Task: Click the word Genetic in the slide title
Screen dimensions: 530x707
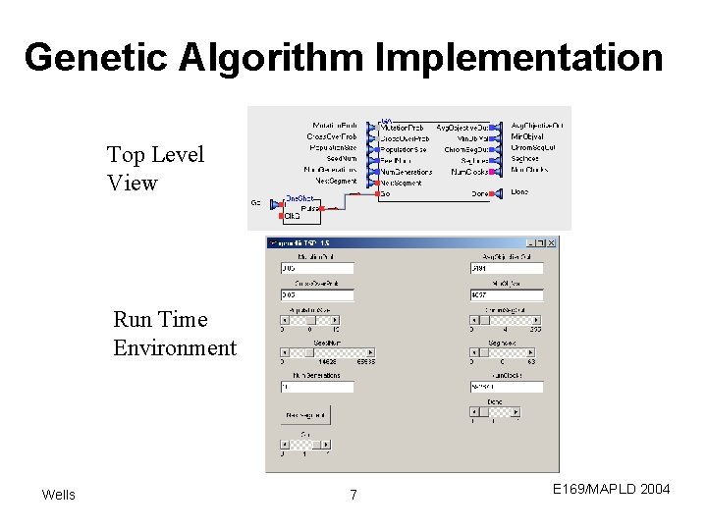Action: coord(95,58)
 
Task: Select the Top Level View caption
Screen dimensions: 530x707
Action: coord(155,168)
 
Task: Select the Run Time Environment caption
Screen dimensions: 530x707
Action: coord(175,334)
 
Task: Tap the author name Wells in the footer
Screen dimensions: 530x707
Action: coord(58,495)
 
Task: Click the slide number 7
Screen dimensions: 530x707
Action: coord(353,496)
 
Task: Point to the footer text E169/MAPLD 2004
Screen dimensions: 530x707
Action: coord(611,488)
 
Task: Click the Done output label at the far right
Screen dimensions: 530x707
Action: coord(519,192)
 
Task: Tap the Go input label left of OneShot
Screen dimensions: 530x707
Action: coord(255,203)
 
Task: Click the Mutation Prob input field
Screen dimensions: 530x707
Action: coord(316,267)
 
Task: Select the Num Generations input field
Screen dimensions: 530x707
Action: coord(316,387)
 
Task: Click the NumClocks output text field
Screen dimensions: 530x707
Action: coord(506,387)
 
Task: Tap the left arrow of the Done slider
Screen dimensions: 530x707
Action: coord(473,412)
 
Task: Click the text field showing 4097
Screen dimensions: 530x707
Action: coord(506,294)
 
